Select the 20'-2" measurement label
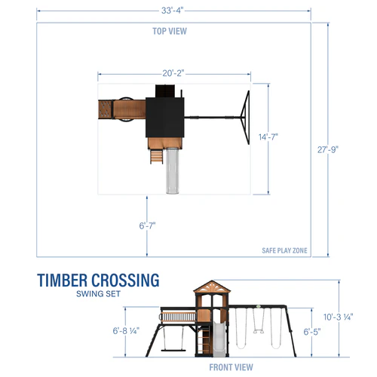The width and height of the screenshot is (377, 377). [x=173, y=73]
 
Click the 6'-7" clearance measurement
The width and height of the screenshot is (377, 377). [x=147, y=225]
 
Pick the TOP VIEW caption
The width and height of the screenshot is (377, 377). [x=169, y=31]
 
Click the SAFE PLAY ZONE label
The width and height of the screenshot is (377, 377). [x=283, y=251]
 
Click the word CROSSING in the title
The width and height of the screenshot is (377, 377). [x=126, y=280]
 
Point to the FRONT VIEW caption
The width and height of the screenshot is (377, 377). [x=230, y=367]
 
